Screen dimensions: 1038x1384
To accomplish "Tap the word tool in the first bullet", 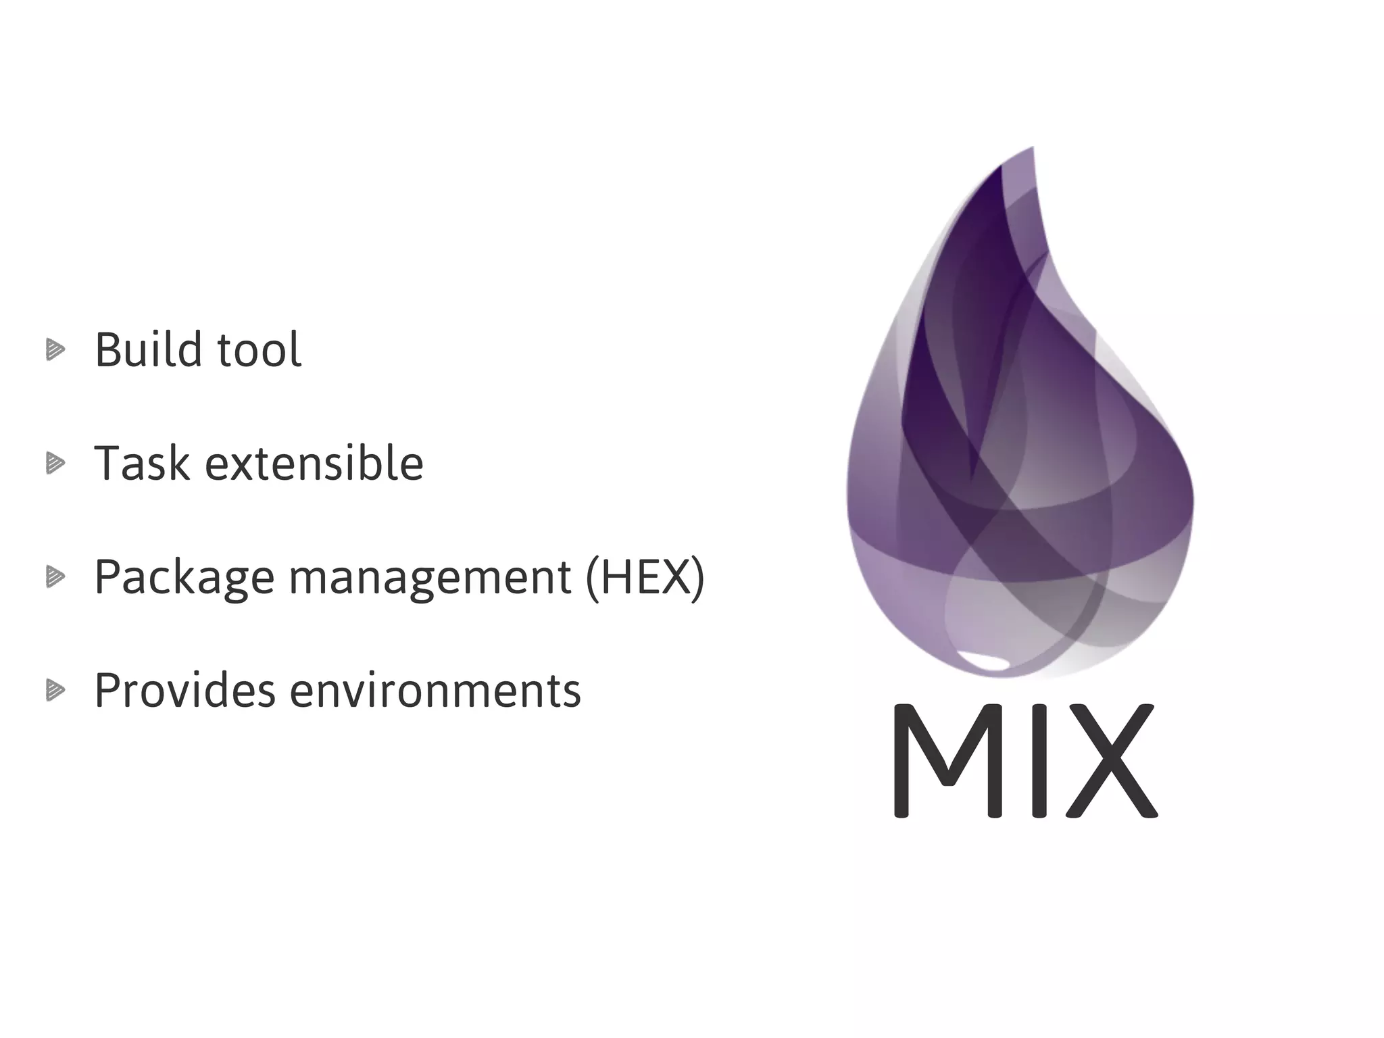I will [x=259, y=350].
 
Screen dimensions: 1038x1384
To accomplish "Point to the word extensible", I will [x=314, y=464].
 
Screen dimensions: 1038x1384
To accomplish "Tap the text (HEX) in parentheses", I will [x=645, y=577].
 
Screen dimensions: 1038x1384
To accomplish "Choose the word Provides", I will [x=184, y=691].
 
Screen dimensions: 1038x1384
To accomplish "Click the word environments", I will [x=435, y=691].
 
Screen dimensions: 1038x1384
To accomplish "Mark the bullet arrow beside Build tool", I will [x=55, y=350].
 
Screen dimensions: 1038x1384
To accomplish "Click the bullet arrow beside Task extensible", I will [x=55, y=464].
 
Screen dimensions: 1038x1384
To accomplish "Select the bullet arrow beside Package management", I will [x=55, y=577].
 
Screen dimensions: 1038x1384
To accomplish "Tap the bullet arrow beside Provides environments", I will [x=55, y=691].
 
